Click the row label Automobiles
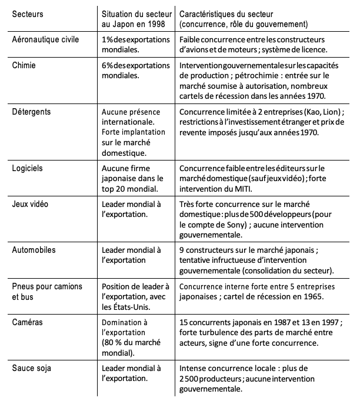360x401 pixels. click(x=34, y=250)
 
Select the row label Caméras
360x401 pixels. click(x=27, y=323)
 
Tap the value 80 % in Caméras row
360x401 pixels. click(x=115, y=343)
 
